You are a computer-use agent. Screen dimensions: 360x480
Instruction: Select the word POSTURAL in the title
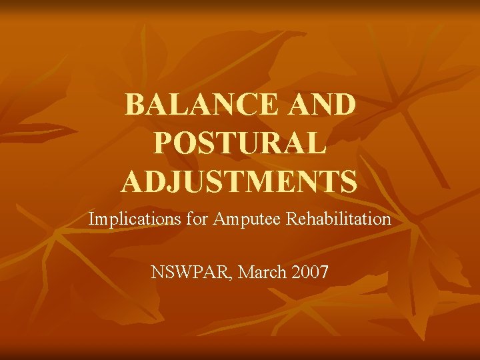pyautogui.click(x=240, y=143)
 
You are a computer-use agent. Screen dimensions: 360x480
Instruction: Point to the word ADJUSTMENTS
pyautogui.click(x=239, y=181)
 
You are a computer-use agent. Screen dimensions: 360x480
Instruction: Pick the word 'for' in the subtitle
pyautogui.click(x=197, y=218)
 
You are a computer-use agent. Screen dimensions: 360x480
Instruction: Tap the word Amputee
pyautogui.click(x=247, y=219)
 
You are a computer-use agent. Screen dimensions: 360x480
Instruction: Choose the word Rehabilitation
pyautogui.click(x=338, y=218)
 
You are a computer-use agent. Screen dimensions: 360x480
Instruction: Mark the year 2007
pyautogui.click(x=309, y=272)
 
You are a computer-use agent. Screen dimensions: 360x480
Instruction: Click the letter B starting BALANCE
pyautogui.click(x=136, y=105)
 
